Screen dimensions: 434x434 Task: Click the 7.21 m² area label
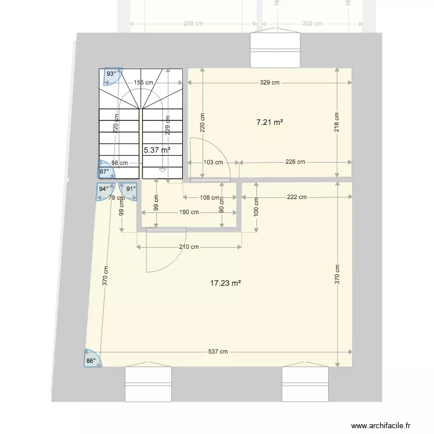click(x=269, y=122)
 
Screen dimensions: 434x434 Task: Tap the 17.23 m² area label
click(x=225, y=283)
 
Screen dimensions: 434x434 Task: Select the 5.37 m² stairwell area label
click(x=157, y=150)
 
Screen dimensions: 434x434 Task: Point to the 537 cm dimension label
click(x=219, y=352)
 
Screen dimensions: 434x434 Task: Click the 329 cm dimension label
click(x=269, y=83)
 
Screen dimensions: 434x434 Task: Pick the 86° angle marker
click(x=91, y=361)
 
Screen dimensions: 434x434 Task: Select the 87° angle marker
click(x=104, y=171)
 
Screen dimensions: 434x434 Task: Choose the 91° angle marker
click(x=131, y=189)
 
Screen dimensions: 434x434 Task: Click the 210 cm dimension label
click(x=189, y=247)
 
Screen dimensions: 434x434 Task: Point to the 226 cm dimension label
click(x=295, y=162)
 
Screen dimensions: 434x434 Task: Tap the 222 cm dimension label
click(x=296, y=197)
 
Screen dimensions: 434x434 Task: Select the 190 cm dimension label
click(x=189, y=212)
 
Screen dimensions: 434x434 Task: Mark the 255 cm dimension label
click(x=193, y=24)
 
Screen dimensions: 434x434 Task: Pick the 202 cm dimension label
click(x=312, y=24)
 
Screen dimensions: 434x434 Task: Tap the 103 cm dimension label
click(x=213, y=163)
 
